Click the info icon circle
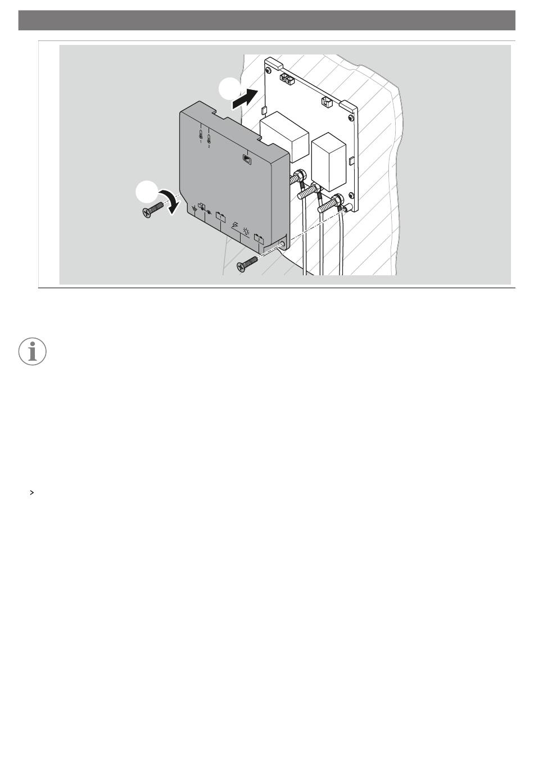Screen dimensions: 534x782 [x=32, y=351]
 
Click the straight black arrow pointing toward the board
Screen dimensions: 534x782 [x=245, y=98]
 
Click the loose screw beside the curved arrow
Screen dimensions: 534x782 [x=153, y=210]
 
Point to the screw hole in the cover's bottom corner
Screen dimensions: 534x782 [x=283, y=242]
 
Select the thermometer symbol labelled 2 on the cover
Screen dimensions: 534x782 [x=209, y=140]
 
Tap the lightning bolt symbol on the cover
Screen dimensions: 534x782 [x=235, y=225]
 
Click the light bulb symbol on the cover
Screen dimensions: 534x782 [x=246, y=230]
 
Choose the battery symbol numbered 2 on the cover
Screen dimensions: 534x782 [x=259, y=238]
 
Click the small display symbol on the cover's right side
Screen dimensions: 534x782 [x=247, y=158]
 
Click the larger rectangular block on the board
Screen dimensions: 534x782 [x=284, y=136]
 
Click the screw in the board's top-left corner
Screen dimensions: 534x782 [x=268, y=71]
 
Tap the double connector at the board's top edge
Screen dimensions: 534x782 [x=287, y=80]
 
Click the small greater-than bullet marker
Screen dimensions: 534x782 [x=32, y=493]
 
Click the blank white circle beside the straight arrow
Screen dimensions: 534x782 [x=230, y=89]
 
